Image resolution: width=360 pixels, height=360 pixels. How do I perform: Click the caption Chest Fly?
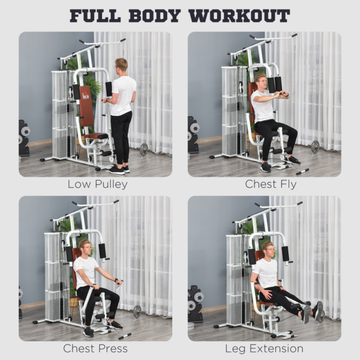pos(270,185)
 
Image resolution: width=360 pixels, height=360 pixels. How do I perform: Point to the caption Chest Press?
pos(95,349)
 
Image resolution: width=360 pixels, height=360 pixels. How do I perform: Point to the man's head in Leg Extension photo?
pos(268,249)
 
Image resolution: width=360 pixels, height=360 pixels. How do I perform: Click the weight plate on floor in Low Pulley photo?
pos(144,149)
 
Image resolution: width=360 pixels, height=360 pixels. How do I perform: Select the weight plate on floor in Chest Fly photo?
pos(315,147)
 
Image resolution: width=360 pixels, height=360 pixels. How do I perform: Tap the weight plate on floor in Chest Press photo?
pos(137,311)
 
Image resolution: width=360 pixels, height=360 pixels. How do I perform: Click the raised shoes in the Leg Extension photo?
pos(312,311)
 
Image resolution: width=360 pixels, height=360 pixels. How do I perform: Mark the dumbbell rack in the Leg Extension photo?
pos(195,304)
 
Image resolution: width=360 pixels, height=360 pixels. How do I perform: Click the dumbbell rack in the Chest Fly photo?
pos(193,135)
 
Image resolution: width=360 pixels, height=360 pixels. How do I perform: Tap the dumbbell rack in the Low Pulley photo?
pos(24,138)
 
